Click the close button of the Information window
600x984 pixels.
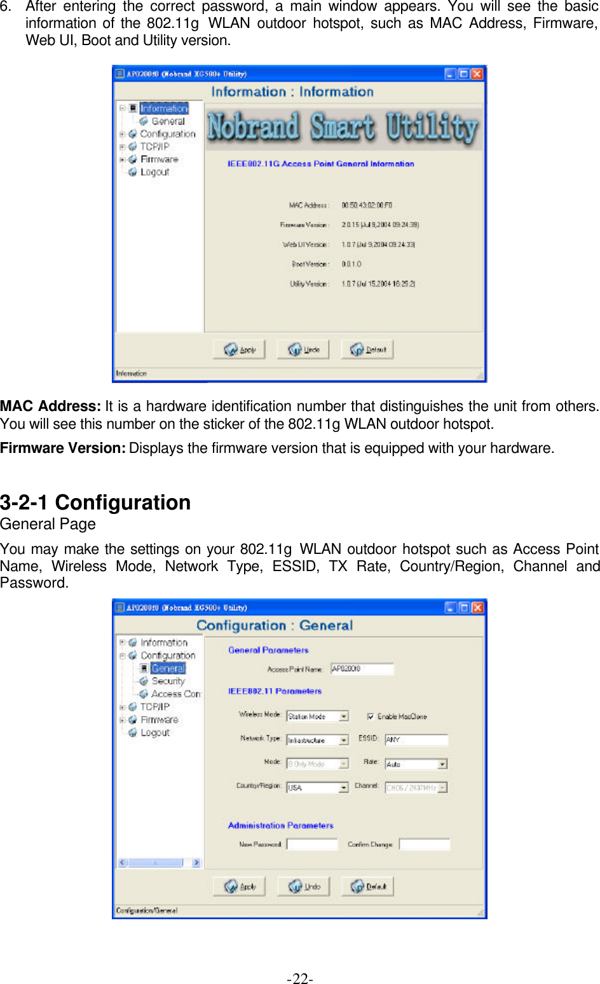pos(477,74)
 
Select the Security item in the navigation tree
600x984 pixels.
pos(168,681)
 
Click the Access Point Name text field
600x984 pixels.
pos(362,669)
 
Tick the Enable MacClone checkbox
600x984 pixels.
pos(371,717)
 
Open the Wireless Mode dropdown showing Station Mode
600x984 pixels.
pos(317,717)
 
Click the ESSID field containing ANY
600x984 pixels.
pos(416,739)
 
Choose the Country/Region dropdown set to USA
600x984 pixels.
pos(317,788)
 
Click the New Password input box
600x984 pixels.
pos(312,844)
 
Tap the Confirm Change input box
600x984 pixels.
pos(424,844)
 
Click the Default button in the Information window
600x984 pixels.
pos(368,349)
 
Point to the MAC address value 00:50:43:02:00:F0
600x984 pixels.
pos(367,205)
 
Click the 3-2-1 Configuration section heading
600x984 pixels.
pos(95,502)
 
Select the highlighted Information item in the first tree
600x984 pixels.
pos(164,109)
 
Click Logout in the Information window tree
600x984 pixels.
pos(154,172)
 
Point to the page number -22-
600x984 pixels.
pos(299,978)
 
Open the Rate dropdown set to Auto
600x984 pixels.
pos(416,764)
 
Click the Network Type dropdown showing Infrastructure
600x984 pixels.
pos(317,740)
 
